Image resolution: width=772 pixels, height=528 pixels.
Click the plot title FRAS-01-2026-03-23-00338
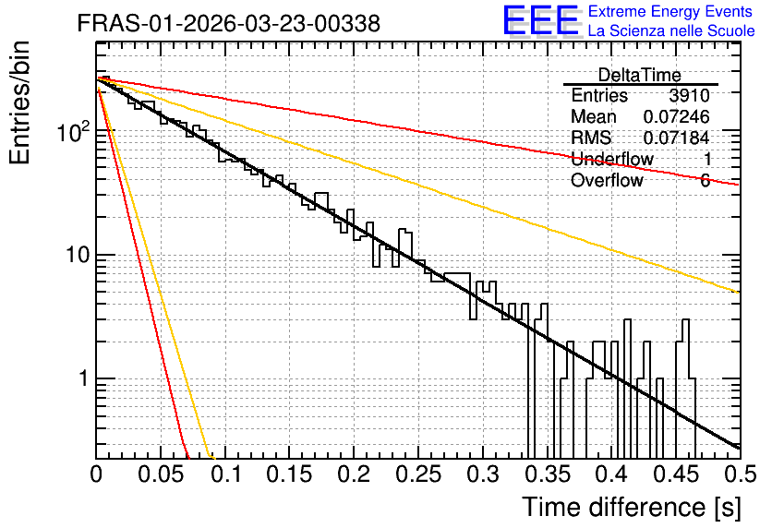click(x=229, y=23)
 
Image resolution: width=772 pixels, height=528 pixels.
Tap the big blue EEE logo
click(x=540, y=20)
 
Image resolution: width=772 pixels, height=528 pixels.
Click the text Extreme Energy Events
click(x=670, y=11)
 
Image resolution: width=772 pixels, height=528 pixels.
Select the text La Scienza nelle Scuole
click(x=671, y=31)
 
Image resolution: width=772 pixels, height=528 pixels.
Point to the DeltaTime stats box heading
click(x=640, y=75)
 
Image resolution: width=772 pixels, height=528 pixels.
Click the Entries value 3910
click(x=689, y=95)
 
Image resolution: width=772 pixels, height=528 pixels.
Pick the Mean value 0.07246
click(x=677, y=116)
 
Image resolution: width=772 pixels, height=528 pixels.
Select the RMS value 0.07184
click(x=677, y=138)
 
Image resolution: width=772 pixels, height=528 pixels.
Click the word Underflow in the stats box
click(x=612, y=159)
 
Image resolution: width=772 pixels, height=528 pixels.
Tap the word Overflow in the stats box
click(x=607, y=180)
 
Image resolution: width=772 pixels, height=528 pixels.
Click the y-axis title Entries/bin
click(x=19, y=103)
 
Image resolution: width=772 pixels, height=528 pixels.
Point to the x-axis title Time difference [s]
click(x=632, y=507)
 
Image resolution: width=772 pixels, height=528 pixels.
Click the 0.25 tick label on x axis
click(x=418, y=474)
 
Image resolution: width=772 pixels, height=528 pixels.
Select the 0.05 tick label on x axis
click(x=161, y=474)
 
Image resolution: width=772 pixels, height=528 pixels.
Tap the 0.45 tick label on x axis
click(x=677, y=474)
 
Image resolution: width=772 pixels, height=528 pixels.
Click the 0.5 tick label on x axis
click(x=740, y=474)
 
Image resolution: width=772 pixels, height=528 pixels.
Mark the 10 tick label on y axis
click(x=78, y=255)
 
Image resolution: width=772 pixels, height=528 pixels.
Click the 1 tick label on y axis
click(x=84, y=378)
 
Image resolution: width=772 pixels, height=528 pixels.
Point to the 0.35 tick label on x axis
click(x=548, y=474)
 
